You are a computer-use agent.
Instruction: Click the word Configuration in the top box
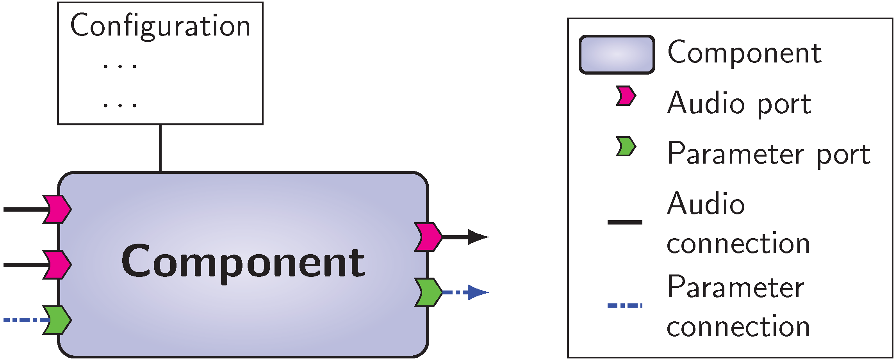[160, 26]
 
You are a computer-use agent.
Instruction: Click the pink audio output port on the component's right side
[428, 237]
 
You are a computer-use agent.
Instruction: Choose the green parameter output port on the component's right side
[428, 292]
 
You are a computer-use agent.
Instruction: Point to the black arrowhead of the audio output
[477, 237]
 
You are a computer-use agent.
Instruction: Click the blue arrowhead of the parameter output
[477, 292]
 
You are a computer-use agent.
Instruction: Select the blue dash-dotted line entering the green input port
[23, 320]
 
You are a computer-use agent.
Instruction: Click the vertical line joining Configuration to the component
[160, 148]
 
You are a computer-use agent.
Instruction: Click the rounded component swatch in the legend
[617, 55]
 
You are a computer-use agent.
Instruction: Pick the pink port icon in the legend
[626, 96]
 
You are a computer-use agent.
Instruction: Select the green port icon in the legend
[626, 146]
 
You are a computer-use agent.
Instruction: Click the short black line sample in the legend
[625, 222]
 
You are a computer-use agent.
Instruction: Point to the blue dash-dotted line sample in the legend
[625, 305]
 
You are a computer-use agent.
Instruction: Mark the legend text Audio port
[739, 103]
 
